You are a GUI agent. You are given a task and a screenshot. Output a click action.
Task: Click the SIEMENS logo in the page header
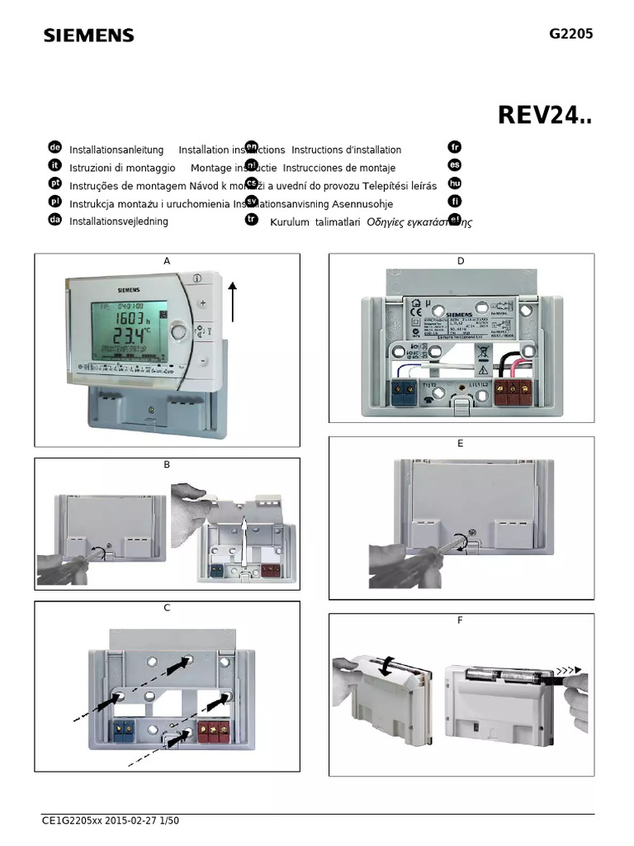pos(88,36)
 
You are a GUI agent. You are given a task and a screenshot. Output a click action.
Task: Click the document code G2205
pos(570,34)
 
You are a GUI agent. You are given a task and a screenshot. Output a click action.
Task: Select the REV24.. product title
pos(545,116)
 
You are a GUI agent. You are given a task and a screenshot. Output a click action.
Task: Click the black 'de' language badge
pos(55,147)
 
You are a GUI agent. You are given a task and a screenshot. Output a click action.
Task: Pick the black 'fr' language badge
pos(454,147)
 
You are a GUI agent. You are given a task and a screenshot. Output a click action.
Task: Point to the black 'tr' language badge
pos(252,219)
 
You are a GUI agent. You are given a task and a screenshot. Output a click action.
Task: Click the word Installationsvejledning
pos(119,221)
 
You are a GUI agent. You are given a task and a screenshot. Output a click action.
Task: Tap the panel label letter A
pos(167,261)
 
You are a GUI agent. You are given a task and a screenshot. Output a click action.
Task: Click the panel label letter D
pos(461,262)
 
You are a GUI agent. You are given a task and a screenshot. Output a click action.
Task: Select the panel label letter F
pos(461,620)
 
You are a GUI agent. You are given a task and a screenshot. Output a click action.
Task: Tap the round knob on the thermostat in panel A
pos(178,332)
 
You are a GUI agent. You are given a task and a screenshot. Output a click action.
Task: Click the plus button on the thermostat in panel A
pos(202,302)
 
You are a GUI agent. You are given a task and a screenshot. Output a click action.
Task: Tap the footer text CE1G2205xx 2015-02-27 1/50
pos(111,820)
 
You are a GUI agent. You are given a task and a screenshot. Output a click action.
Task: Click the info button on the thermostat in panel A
pos(196,279)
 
